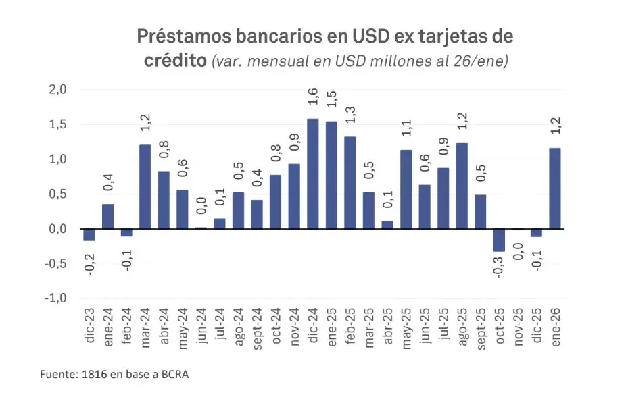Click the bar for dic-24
[x=313, y=174]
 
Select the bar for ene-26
[x=556, y=189]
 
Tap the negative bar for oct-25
[x=499, y=240]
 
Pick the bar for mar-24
[x=145, y=187]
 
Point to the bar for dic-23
[x=89, y=235]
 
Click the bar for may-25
[x=406, y=190]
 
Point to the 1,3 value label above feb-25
[x=350, y=113]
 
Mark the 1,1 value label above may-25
[x=406, y=127]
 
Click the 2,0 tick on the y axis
[x=57, y=90]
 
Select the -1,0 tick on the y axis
[x=56, y=298]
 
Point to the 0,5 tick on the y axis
[x=57, y=194]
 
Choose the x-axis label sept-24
[x=257, y=327]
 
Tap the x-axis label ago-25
[x=462, y=326]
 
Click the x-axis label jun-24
[x=201, y=326]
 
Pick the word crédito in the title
[x=175, y=60]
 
